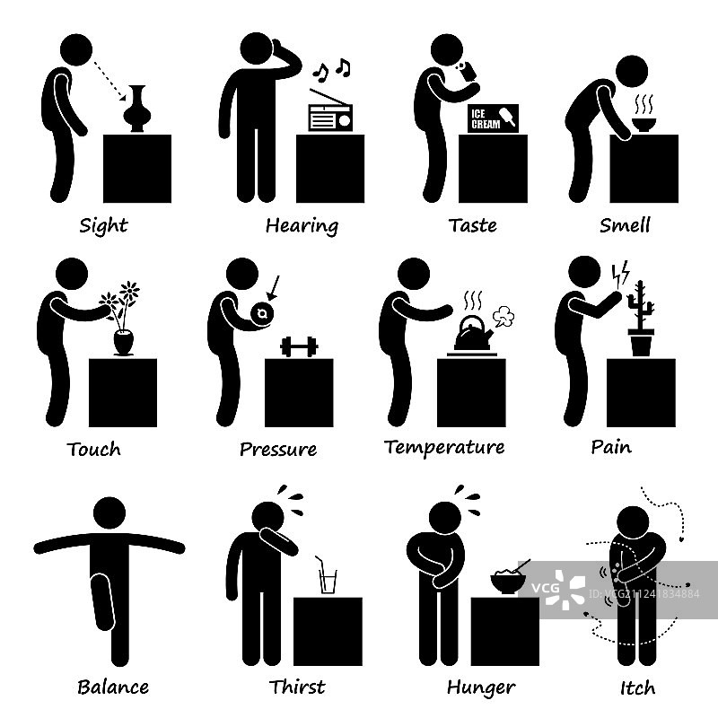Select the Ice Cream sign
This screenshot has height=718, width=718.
pos(493,118)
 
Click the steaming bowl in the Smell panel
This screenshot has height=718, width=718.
pos(644,125)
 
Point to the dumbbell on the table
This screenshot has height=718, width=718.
pos(299,346)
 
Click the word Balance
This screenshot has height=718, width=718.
pos(113,687)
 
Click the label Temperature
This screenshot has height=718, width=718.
pos(444,447)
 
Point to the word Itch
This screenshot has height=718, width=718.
pos(637,687)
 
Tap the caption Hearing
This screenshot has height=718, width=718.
pos(302,226)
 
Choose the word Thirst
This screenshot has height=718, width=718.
pos(297,687)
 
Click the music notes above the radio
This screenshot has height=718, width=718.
pos(331,70)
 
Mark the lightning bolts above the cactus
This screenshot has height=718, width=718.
pos(621,274)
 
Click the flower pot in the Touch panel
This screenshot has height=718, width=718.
pos(123,342)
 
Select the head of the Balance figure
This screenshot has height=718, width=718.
pos(109,512)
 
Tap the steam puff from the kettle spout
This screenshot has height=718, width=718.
pos(503,317)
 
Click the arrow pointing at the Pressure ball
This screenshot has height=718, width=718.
pos(273,288)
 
